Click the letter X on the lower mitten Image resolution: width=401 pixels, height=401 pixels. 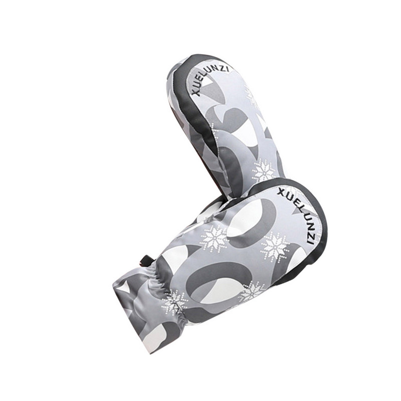tap(281, 191)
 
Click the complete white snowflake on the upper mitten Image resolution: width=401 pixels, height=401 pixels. tap(264, 171)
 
